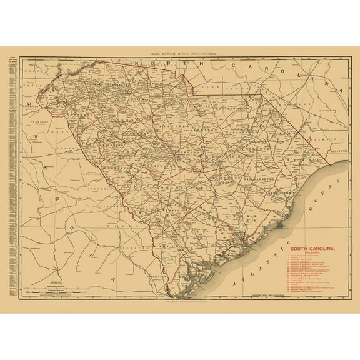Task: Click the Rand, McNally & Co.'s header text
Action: [x=179, y=56]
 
